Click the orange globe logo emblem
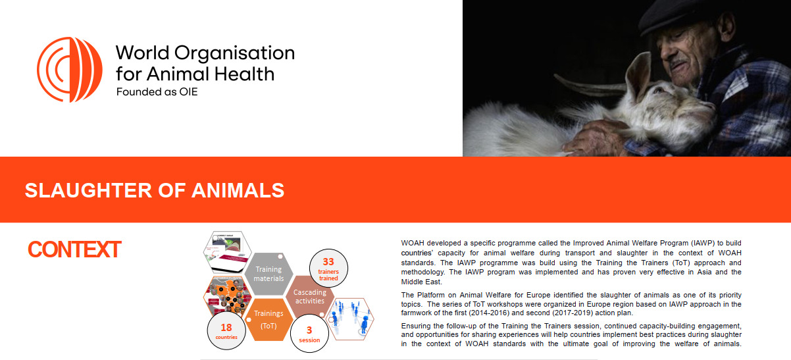click(x=70, y=70)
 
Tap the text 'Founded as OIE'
click(x=157, y=92)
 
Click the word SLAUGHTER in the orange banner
click(x=88, y=190)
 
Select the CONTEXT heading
click(x=74, y=249)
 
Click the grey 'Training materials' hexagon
click(x=268, y=274)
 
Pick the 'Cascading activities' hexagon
click(x=310, y=296)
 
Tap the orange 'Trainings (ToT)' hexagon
click(x=268, y=319)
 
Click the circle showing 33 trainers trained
click(x=328, y=268)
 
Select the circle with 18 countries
click(x=226, y=330)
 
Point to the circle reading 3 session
click(x=309, y=333)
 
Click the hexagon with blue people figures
click(x=350, y=319)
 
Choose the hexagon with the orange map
click(x=228, y=297)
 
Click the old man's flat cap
click(x=671, y=16)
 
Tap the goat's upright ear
click(x=638, y=75)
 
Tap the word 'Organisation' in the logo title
click(x=234, y=53)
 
